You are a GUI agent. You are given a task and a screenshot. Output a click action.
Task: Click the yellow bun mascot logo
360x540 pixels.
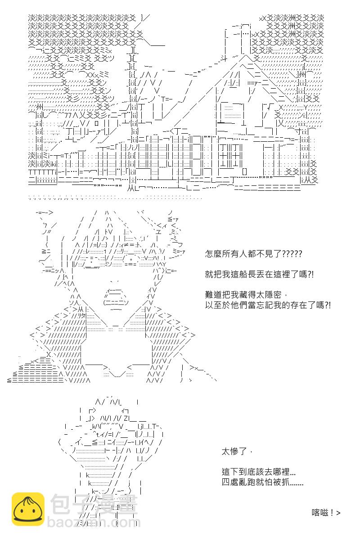tap(28, 509)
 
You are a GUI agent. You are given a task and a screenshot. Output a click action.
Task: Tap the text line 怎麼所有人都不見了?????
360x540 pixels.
tap(253, 254)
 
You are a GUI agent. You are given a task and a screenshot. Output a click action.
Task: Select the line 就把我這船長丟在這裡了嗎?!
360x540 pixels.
tap(259, 274)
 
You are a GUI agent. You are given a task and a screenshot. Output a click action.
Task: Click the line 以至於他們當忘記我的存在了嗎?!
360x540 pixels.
tap(268, 305)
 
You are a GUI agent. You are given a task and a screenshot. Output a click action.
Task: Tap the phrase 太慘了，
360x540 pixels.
tap(237, 451)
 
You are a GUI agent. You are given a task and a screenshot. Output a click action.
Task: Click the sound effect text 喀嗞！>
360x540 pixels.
tap(326, 513)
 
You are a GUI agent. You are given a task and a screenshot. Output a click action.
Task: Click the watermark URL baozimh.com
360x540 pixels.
tap(94, 522)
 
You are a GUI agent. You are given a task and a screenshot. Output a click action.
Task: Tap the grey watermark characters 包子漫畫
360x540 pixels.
tap(94, 504)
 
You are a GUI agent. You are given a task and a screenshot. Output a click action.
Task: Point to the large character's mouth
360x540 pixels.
tap(116, 298)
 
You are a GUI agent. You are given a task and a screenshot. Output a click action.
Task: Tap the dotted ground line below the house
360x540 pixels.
tap(115, 198)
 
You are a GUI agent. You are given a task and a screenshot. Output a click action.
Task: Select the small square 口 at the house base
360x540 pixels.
tap(97, 124)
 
